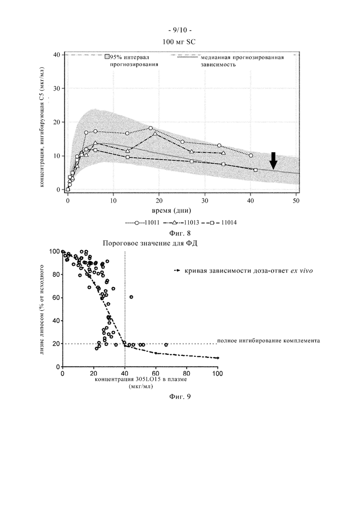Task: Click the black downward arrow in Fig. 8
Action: (x=273, y=161)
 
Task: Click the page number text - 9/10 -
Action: (x=180, y=30)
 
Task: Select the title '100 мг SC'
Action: (x=179, y=42)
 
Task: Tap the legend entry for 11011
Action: (x=143, y=223)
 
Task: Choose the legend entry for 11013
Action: (x=181, y=223)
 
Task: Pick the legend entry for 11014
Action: (x=219, y=223)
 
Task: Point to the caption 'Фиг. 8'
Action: (x=180, y=233)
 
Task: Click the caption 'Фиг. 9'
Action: (x=180, y=396)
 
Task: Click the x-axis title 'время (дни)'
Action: (x=176, y=210)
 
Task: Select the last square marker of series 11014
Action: (x=256, y=170)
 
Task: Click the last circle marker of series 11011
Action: (x=251, y=156)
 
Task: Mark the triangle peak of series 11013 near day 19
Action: (x=155, y=133)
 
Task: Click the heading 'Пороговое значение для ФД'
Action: (x=150, y=244)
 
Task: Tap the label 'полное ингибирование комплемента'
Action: (x=269, y=341)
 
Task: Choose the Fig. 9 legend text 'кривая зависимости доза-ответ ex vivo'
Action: (x=249, y=270)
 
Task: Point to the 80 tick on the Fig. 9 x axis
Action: (x=186, y=374)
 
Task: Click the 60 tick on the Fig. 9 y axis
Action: (x=56, y=298)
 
